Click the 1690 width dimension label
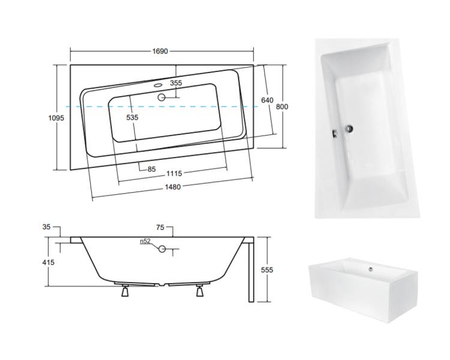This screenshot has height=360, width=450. pos(160,52)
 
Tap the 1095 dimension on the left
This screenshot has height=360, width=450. pos(56,118)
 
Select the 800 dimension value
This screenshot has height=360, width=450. pos(282,107)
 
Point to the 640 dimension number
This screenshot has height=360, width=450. pos(267,100)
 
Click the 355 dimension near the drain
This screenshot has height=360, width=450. pos(176,83)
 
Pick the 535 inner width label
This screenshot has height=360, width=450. pos(133,118)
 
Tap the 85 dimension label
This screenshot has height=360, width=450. pos(152,169)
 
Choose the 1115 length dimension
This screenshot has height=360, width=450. pos(174,173)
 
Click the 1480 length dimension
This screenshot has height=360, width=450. pos(173,187)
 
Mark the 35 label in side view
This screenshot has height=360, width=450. pos(46,227)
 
